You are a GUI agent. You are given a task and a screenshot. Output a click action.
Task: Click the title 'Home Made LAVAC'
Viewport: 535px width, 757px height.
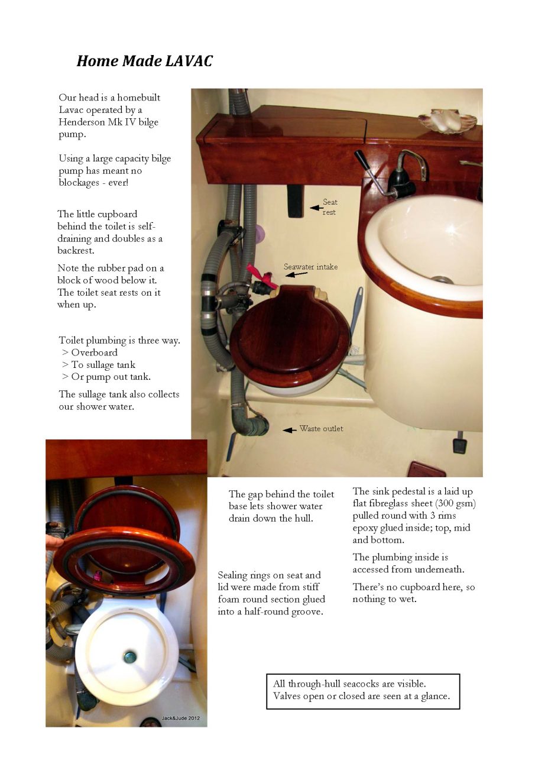point(144,61)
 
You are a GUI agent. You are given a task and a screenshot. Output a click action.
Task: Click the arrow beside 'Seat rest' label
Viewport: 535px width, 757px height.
point(316,208)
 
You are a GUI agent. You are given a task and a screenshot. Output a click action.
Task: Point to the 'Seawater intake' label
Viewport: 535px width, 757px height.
point(310,267)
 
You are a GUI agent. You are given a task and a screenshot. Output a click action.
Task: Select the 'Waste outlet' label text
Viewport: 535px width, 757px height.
point(321,428)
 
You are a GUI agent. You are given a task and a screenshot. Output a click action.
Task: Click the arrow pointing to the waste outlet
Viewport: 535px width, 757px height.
point(289,430)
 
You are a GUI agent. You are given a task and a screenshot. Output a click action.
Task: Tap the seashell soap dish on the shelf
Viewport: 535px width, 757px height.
point(447,121)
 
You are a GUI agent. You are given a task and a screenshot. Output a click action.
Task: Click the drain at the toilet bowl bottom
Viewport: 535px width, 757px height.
point(130,656)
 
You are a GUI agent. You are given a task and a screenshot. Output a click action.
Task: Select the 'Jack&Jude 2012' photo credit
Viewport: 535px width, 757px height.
point(180,718)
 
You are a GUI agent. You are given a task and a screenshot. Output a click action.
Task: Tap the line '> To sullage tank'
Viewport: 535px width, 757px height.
point(98,365)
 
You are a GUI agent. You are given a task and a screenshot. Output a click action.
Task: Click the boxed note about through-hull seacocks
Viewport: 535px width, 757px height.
point(362,691)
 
